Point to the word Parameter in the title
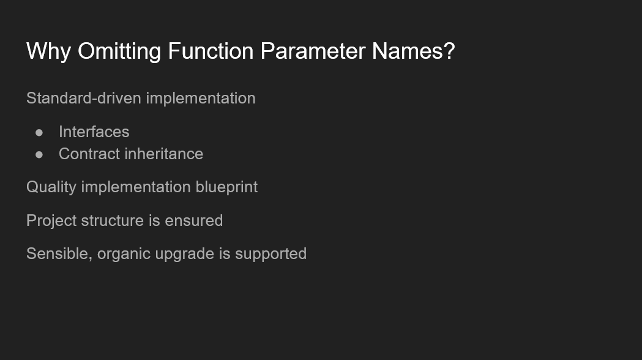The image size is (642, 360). coord(313,51)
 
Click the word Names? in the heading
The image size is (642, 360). coord(414,51)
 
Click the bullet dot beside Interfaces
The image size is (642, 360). coord(40,132)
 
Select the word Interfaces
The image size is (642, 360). coord(94,132)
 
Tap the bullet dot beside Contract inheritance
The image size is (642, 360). coord(40,154)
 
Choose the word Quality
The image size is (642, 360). coord(51,187)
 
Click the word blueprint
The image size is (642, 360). coord(226,187)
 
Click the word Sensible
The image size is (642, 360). coord(58,254)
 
